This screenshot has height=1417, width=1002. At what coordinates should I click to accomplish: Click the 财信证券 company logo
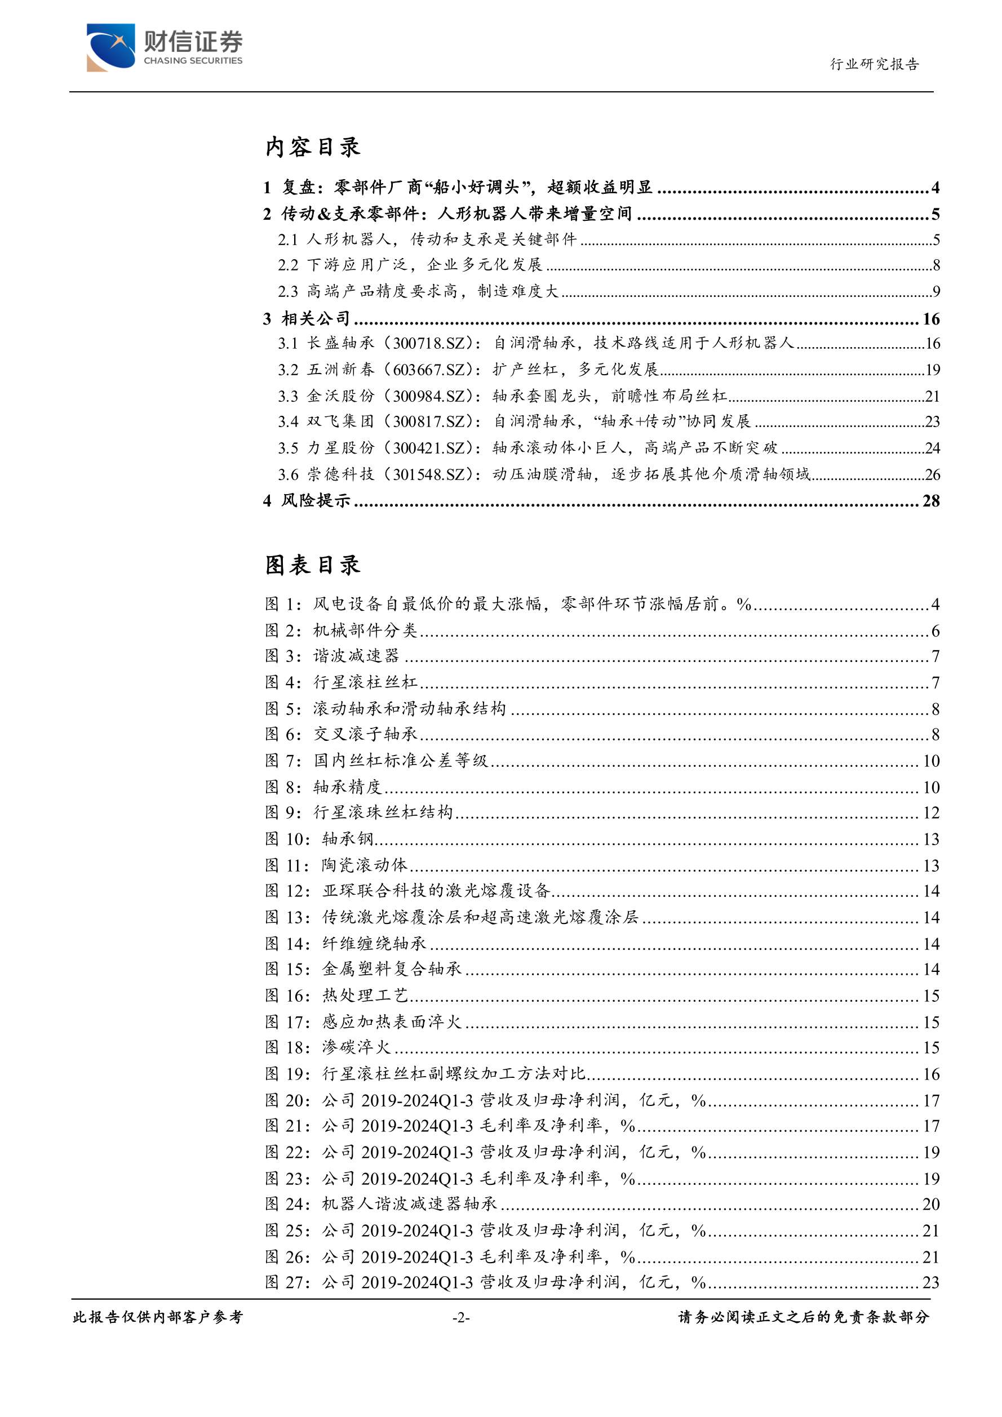pos(164,47)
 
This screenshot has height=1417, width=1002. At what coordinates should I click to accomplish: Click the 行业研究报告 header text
pos(874,64)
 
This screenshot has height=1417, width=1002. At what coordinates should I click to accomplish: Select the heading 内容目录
pos(312,147)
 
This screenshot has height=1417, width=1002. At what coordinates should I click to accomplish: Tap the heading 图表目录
pos(312,565)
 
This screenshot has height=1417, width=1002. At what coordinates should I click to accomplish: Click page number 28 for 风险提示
pos(930,501)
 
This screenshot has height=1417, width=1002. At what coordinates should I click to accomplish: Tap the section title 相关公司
pos(316,318)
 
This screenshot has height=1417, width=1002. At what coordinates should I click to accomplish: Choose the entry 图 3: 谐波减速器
pos(332,656)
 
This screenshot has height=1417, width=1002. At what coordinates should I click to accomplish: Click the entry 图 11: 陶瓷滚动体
pos(336,865)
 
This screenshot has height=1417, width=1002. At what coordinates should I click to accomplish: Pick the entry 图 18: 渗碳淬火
pos(328,1047)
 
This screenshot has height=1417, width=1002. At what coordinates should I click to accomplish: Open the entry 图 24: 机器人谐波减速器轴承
pos(381,1204)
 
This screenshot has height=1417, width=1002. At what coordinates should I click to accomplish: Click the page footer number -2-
pos(460,1318)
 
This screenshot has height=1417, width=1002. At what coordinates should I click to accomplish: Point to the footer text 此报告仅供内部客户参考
pos(158,1317)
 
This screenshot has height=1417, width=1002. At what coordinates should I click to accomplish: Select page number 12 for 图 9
pos(930,813)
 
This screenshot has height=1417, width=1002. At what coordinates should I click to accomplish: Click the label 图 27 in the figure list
pos(288,1282)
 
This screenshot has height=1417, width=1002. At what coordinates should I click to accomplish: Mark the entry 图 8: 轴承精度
pos(323,787)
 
